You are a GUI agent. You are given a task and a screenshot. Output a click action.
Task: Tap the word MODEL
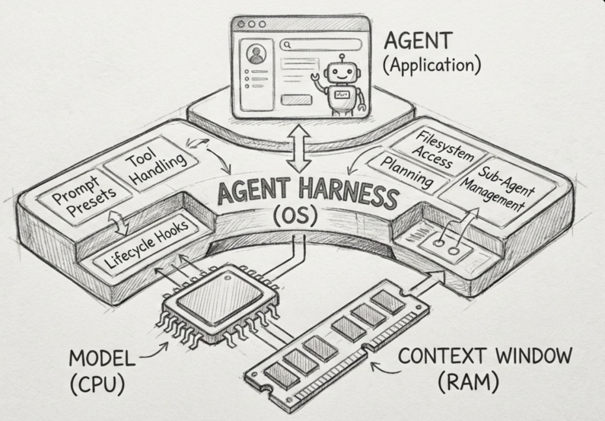coord(101,359)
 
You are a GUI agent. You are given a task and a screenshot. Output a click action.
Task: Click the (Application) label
coord(431,66)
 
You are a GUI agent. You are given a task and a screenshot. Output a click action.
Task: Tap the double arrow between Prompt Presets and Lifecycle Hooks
coord(119,223)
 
